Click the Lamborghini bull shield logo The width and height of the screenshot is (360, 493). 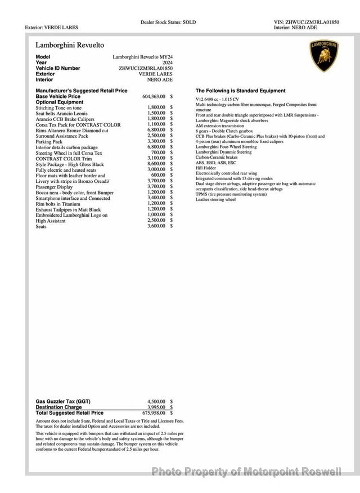(x=323, y=56)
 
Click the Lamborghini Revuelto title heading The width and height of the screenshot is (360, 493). (x=70, y=44)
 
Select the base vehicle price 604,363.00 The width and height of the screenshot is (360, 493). (x=154, y=96)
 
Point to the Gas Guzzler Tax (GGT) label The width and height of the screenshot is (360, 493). (x=63, y=401)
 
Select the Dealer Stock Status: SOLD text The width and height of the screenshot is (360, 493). (x=168, y=22)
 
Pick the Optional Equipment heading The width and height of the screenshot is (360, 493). (x=59, y=102)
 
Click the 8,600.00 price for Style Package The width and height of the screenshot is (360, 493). (x=156, y=164)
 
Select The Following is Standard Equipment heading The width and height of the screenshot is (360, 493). (x=240, y=91)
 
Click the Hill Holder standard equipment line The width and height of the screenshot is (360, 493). (x=206, y=168)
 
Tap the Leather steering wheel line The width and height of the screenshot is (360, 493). (x=215, y=199)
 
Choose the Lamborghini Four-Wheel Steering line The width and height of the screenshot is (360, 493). (x=226, y=147)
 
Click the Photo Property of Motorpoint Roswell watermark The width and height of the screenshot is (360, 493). (x=246, y=472)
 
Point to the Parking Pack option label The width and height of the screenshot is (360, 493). (x=49, y=141)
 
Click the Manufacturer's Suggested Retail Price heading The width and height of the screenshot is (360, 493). (x=82, y=91)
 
